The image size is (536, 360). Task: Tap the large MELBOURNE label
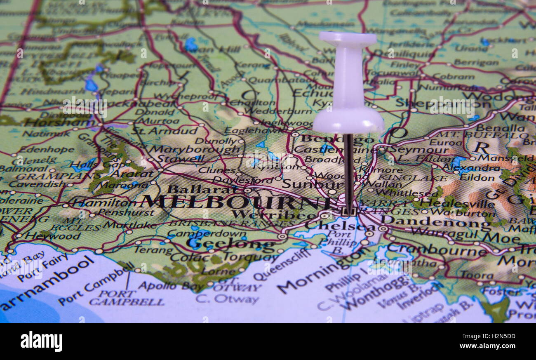(x=235, y=202)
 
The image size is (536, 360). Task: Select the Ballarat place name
(x=202, y=189)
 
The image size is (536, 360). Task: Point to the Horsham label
(x=58, y=122)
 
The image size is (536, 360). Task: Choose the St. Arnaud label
(x=165, y=131)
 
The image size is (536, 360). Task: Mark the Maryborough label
(x=194, y=149)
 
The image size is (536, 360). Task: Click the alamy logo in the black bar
(x=41, y=341)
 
